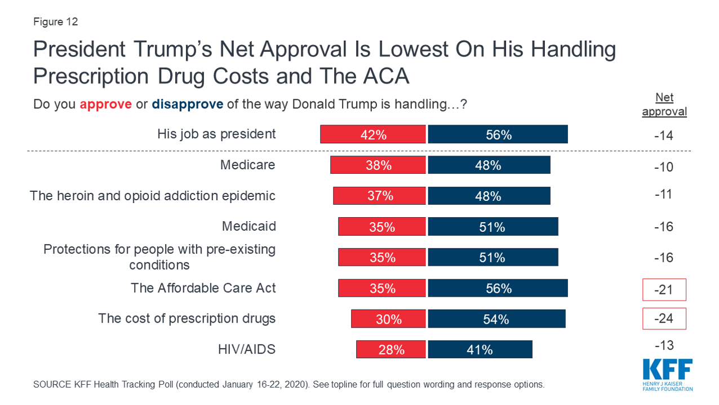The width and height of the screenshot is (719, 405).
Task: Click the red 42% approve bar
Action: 373,134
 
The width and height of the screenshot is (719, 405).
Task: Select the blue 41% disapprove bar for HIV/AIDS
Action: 480,349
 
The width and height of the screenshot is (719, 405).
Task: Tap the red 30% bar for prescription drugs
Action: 388,319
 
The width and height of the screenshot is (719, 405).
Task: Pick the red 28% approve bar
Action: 391,349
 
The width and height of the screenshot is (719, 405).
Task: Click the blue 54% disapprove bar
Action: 496,319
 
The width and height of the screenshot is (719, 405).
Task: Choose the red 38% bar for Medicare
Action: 378,165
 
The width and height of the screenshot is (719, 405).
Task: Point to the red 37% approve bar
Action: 379,196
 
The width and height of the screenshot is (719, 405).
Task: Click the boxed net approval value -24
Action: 664,318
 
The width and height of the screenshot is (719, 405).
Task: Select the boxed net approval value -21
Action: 664,289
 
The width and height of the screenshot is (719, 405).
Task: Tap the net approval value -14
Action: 664,135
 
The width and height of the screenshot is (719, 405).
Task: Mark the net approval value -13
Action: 664,345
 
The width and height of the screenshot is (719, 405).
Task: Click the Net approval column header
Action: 664,104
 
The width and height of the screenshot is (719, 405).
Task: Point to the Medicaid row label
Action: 248,226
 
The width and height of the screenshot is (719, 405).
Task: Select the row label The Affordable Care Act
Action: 203,288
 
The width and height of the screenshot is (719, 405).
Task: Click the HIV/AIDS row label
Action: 247,349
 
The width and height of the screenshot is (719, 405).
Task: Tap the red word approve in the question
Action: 105,104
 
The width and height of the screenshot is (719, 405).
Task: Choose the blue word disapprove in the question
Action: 188,104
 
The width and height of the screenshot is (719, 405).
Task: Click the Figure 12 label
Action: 55,22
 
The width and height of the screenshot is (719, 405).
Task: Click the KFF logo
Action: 668,374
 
